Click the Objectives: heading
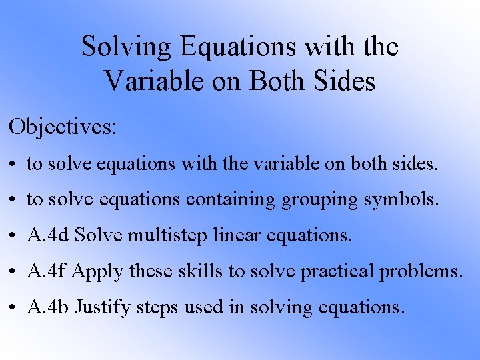63,127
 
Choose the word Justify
101,307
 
